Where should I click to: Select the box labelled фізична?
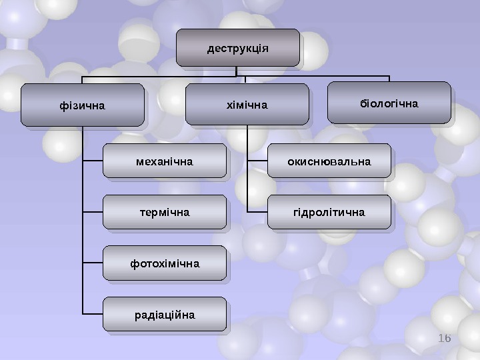(82, 105)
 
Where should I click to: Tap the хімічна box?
(247, 105)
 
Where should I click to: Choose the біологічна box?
(389, 103)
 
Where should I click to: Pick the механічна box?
(164, 161)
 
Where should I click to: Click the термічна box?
(164, 212)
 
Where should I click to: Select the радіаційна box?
(164, 314)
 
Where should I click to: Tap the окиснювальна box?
(329, 161)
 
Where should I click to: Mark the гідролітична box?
(329, 212)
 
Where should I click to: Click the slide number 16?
(445, 339)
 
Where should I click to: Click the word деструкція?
(237, 49)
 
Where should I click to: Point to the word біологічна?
(389, 104)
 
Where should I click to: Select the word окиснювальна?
(329, 161)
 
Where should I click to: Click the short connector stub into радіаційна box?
(93, 313)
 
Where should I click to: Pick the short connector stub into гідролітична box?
(257, 211)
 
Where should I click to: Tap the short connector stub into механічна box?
(93, 161)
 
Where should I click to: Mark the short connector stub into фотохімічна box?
(93, 263)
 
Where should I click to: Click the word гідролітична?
(329, 213)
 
